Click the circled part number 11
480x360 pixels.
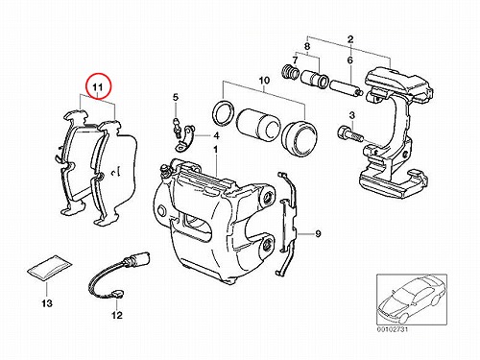98,86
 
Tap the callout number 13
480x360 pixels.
47,302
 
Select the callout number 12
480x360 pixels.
117,315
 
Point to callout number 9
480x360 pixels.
318,234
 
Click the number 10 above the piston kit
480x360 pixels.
264,80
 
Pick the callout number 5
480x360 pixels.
176,97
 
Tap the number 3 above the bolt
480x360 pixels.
352,115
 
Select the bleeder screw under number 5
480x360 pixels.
177,128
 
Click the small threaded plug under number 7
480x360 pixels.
290,71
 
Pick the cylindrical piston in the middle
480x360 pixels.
258,124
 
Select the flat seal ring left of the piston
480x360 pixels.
223,113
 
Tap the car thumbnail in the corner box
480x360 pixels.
412,299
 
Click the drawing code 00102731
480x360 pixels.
392,329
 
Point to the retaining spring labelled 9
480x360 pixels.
286,224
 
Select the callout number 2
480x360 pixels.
350,39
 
